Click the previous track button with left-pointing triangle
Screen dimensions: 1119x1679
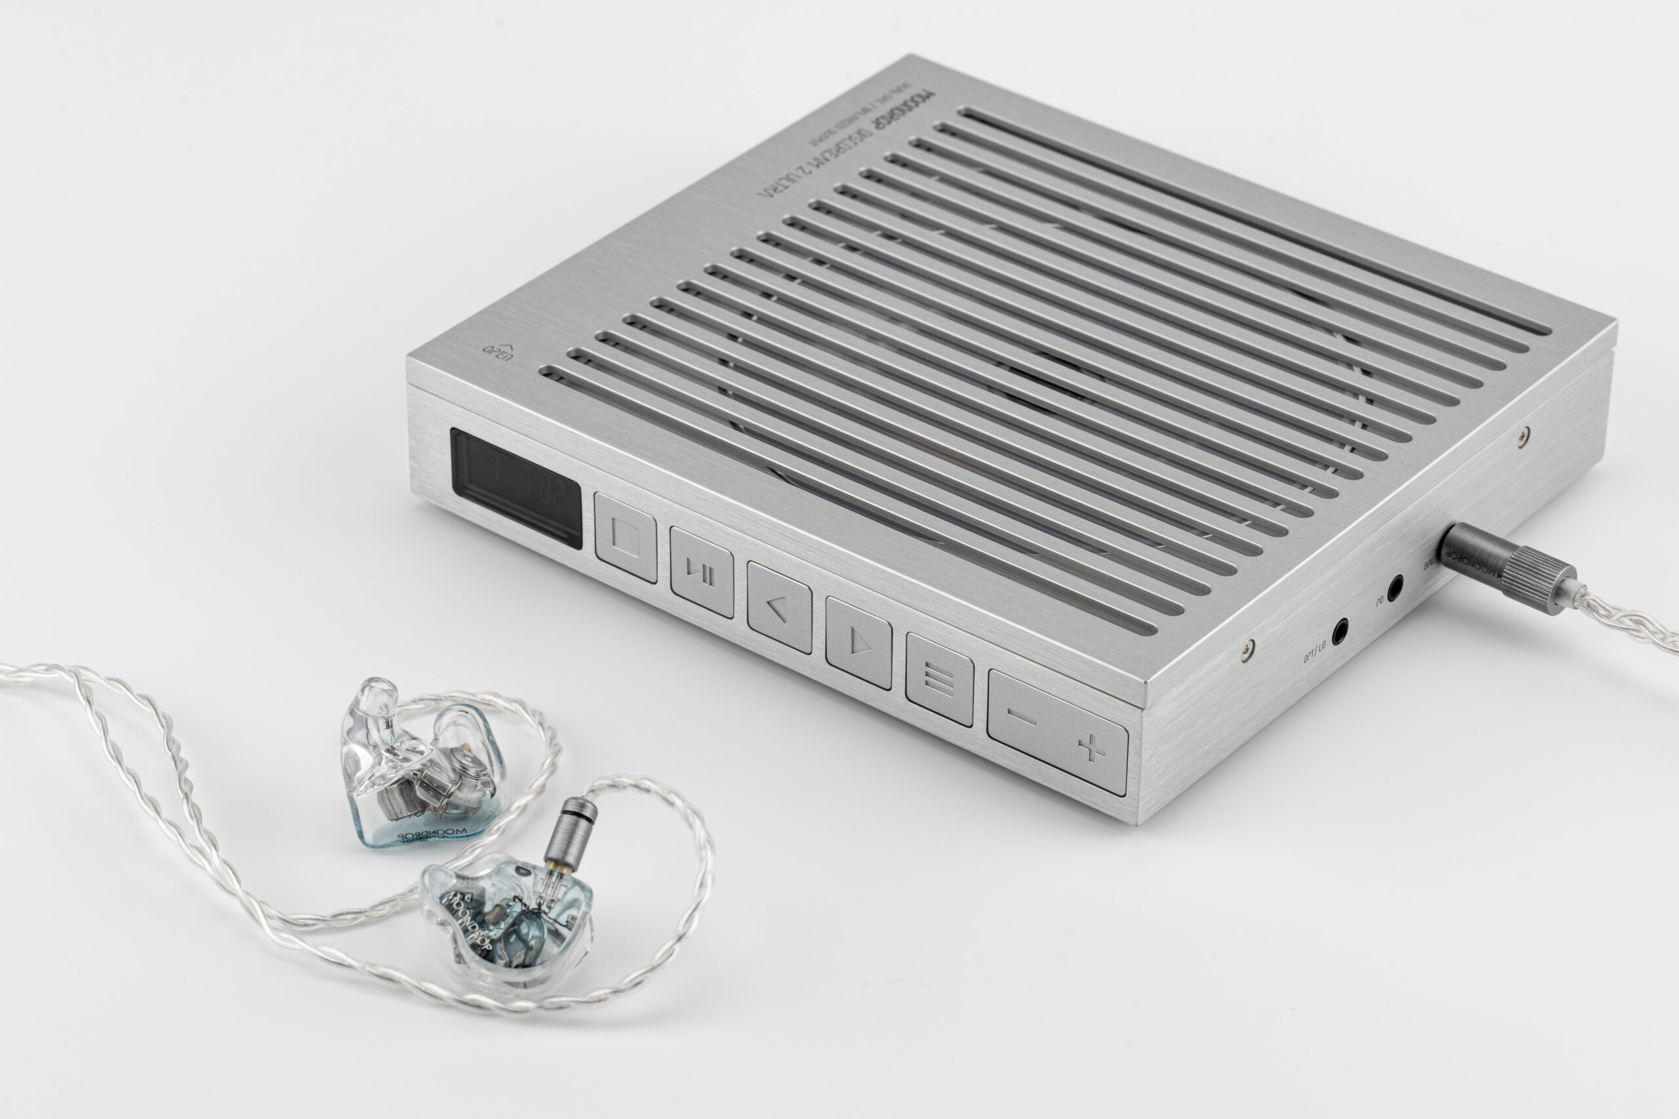[x=779, y=607]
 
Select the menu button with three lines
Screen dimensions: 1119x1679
[x=939, y=678]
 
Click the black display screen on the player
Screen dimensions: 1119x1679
[x=516, y=488]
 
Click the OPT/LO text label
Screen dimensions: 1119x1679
[x=1314, y=652]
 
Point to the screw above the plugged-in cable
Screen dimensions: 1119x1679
[x=1524, y=433]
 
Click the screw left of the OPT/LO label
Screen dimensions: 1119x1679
[x=1247, y=650]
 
